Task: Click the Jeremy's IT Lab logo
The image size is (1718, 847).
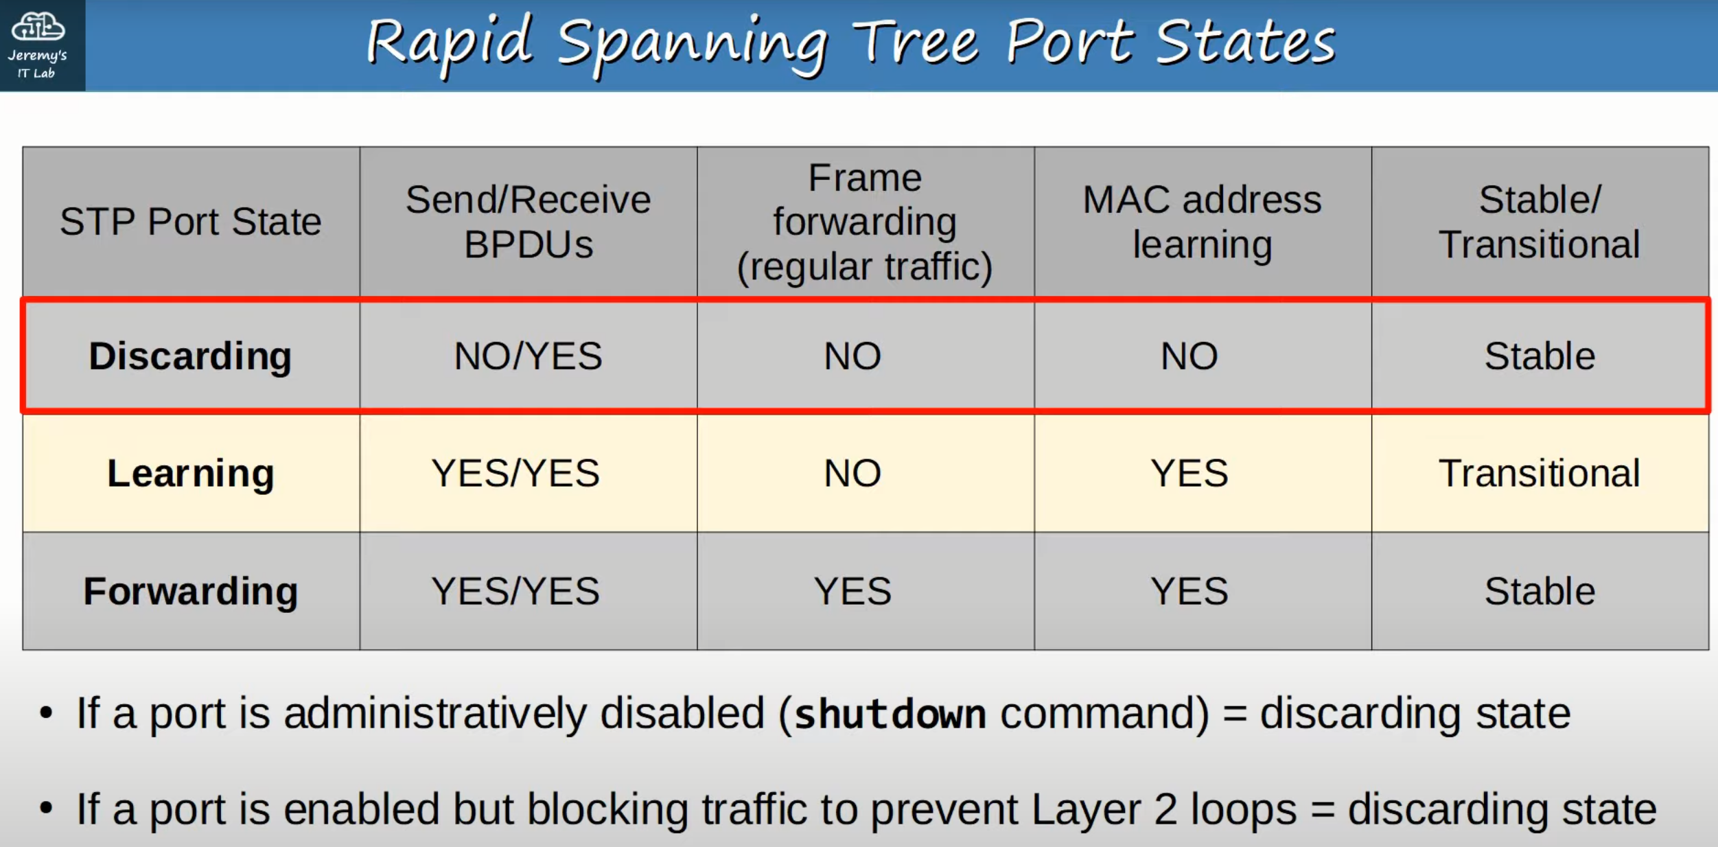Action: point(38,45)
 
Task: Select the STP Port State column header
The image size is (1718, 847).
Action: point(191,222)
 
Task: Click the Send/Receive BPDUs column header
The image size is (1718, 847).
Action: point(528,222)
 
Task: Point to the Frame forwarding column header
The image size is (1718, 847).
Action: point(865,222)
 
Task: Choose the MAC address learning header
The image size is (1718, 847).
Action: point(1203,222)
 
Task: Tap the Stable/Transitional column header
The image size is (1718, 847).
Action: point(1540,222)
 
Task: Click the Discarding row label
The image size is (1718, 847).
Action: point(190,356)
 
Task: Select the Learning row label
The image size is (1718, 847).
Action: point(190,474)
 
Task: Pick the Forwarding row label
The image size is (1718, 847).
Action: point(190,591)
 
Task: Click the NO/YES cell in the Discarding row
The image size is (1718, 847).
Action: point(528,356)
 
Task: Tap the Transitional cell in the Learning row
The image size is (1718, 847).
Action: point(1540,474)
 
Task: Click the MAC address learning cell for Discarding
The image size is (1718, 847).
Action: point(1189,356)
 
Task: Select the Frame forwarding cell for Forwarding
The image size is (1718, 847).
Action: point(852,591)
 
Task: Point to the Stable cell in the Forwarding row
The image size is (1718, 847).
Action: point(1540,591)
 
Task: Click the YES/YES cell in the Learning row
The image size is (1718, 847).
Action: point(515,474)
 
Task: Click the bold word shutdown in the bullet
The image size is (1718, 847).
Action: point(890,714)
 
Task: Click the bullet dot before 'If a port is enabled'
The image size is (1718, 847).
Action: point(46,808)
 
